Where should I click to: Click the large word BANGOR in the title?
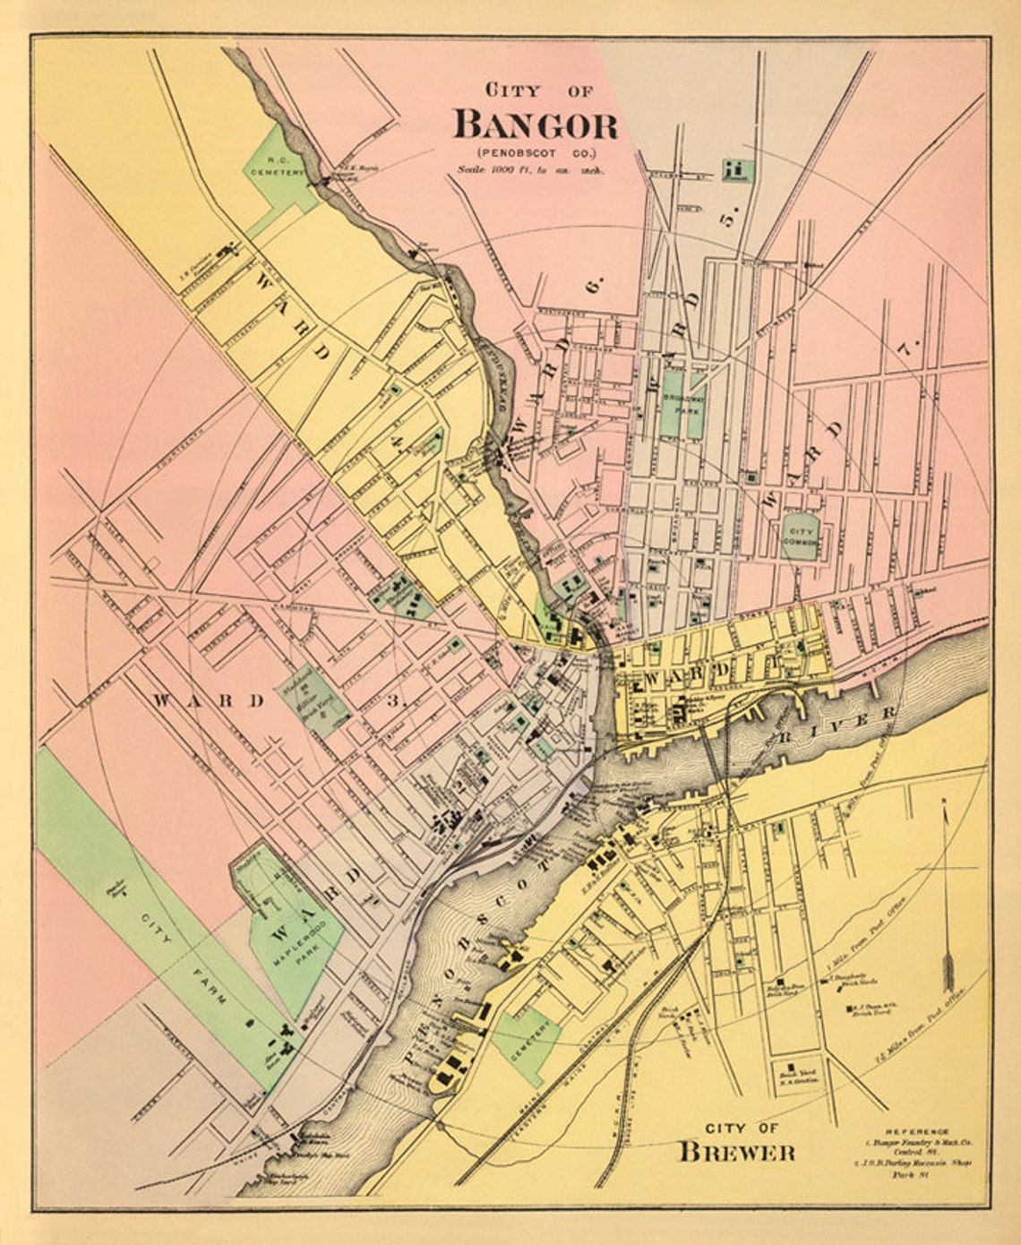(536, 124)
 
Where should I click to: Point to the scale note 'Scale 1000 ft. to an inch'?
(531, 168)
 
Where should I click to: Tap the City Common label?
(800, 536)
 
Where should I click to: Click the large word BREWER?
(736, 1152)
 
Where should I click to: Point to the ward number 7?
(911, 349)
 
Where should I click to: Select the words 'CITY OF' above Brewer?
(742, 1128)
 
